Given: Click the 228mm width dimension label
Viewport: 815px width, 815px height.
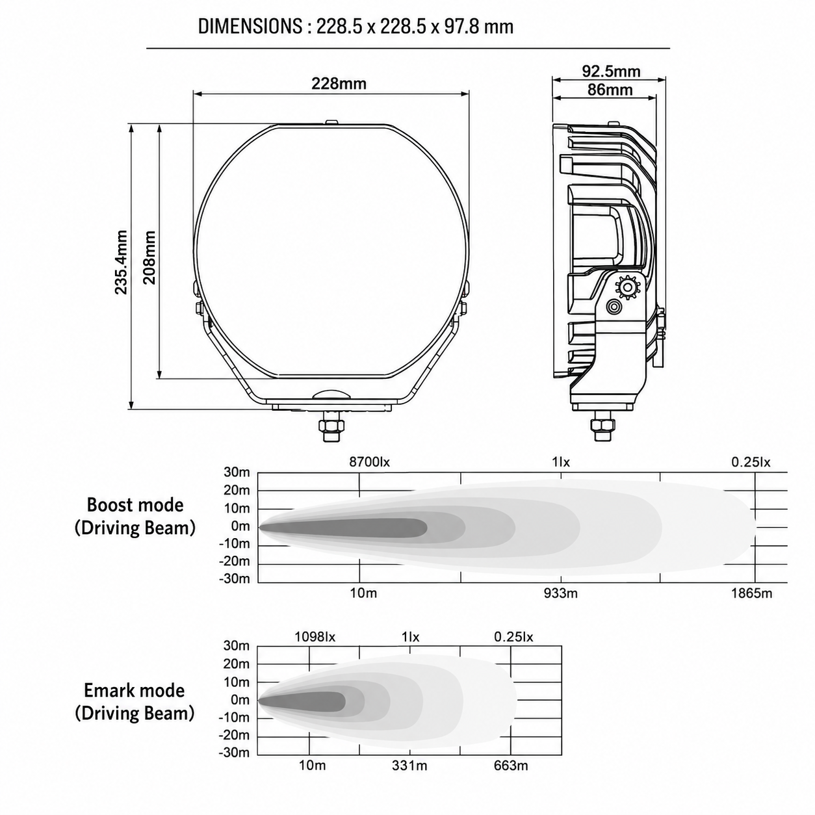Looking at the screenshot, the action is pos(339,84).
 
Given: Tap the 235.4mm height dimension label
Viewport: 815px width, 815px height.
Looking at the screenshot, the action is pos(121,262).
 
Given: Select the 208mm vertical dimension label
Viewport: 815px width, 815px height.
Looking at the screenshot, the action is pos(149,257).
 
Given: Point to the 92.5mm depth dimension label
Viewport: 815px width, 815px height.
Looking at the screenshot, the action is pos(611,71).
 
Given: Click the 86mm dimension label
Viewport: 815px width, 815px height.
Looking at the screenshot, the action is pos(610,90).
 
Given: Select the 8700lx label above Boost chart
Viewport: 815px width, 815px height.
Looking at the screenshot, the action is pos(369,462).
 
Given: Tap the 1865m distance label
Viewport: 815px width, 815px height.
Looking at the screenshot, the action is pos(751,593).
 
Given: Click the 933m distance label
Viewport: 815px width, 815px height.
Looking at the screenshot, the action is pos(560,593).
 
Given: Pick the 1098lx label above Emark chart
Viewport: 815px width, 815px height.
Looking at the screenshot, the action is pos(315,636).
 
